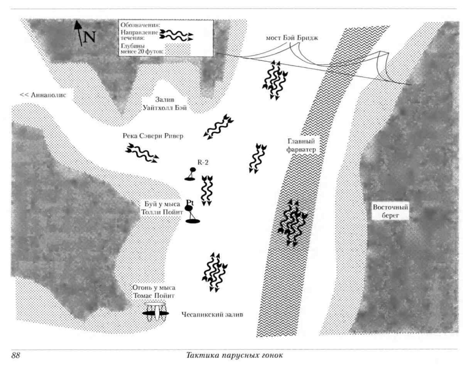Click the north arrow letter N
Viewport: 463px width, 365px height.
[89, 37]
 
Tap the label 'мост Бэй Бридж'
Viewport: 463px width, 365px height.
[292, 38]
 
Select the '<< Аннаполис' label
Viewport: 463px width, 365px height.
[43, 95]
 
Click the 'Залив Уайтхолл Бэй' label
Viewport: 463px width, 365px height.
[165, 104]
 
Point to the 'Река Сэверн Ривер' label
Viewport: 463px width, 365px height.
[153, 136]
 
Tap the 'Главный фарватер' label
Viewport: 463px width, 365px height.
[301, 145]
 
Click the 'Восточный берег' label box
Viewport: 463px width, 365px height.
[390, 211]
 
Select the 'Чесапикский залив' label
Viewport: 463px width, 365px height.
[212, 315]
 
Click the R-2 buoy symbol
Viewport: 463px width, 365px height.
[191, 174]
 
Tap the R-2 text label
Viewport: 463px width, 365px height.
[203, 162]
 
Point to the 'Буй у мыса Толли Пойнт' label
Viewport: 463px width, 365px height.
[162, 208]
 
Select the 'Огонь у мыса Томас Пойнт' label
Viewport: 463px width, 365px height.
[154, 292]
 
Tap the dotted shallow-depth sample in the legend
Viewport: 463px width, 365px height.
[178, 49]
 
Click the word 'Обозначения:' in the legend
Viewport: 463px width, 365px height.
[140, 25]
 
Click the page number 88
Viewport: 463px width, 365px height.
[16, 355]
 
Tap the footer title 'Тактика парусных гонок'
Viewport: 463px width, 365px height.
[234, 355]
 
